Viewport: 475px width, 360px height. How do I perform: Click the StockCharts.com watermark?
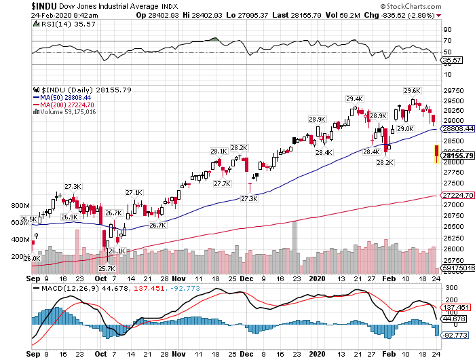pyautogui.click(x=411, y=6)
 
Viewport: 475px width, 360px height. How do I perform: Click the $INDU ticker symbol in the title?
pyautogui.click(x=44, y=6)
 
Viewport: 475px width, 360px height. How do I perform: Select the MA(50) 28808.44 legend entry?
pyautogui.click(x=62, y=97)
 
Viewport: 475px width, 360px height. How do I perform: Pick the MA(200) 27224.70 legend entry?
pyautogui.click(x=64, y=105)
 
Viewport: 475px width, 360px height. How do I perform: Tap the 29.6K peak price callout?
pyautogui.click(x=413, y=90)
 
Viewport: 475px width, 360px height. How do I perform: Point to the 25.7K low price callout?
pyautogui.click(x=107, y=268)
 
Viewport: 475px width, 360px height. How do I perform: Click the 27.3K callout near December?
pyautogui.click(x=249, y=198)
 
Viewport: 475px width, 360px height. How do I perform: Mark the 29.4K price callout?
pyautogui.click(x=355, y=99)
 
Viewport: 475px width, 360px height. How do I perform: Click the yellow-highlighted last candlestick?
pyautogui.click(x=436, y=154)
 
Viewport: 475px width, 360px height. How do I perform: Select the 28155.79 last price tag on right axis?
pyautogui.click(x=458, y=156)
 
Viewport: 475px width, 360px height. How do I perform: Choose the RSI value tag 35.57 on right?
pyautogui.click(x=452, y=60)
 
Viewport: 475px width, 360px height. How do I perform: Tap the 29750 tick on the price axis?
pyautogui.click(x=453, y=91)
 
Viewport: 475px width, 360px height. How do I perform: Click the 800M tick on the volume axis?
pyautogui.click(x=20, y=206)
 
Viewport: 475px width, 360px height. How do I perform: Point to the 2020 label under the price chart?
pyautogui.click(x=317, y=278)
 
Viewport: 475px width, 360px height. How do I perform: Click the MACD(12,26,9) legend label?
pyautogui.click(x=70, y=288)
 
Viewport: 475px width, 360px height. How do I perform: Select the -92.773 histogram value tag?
pyautogui.click(x=455, y=335)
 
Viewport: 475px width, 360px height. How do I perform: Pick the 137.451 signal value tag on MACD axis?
pyautogui.click(x=456, y=308)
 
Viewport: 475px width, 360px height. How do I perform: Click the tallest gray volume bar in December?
pyautogui.click(x=294, y=247)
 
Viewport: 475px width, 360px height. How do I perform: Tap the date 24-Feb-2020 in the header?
pyautogui.click(x=51, y=15)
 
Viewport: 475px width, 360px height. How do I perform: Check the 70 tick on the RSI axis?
pyautogui.click(x=447, y=41)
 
